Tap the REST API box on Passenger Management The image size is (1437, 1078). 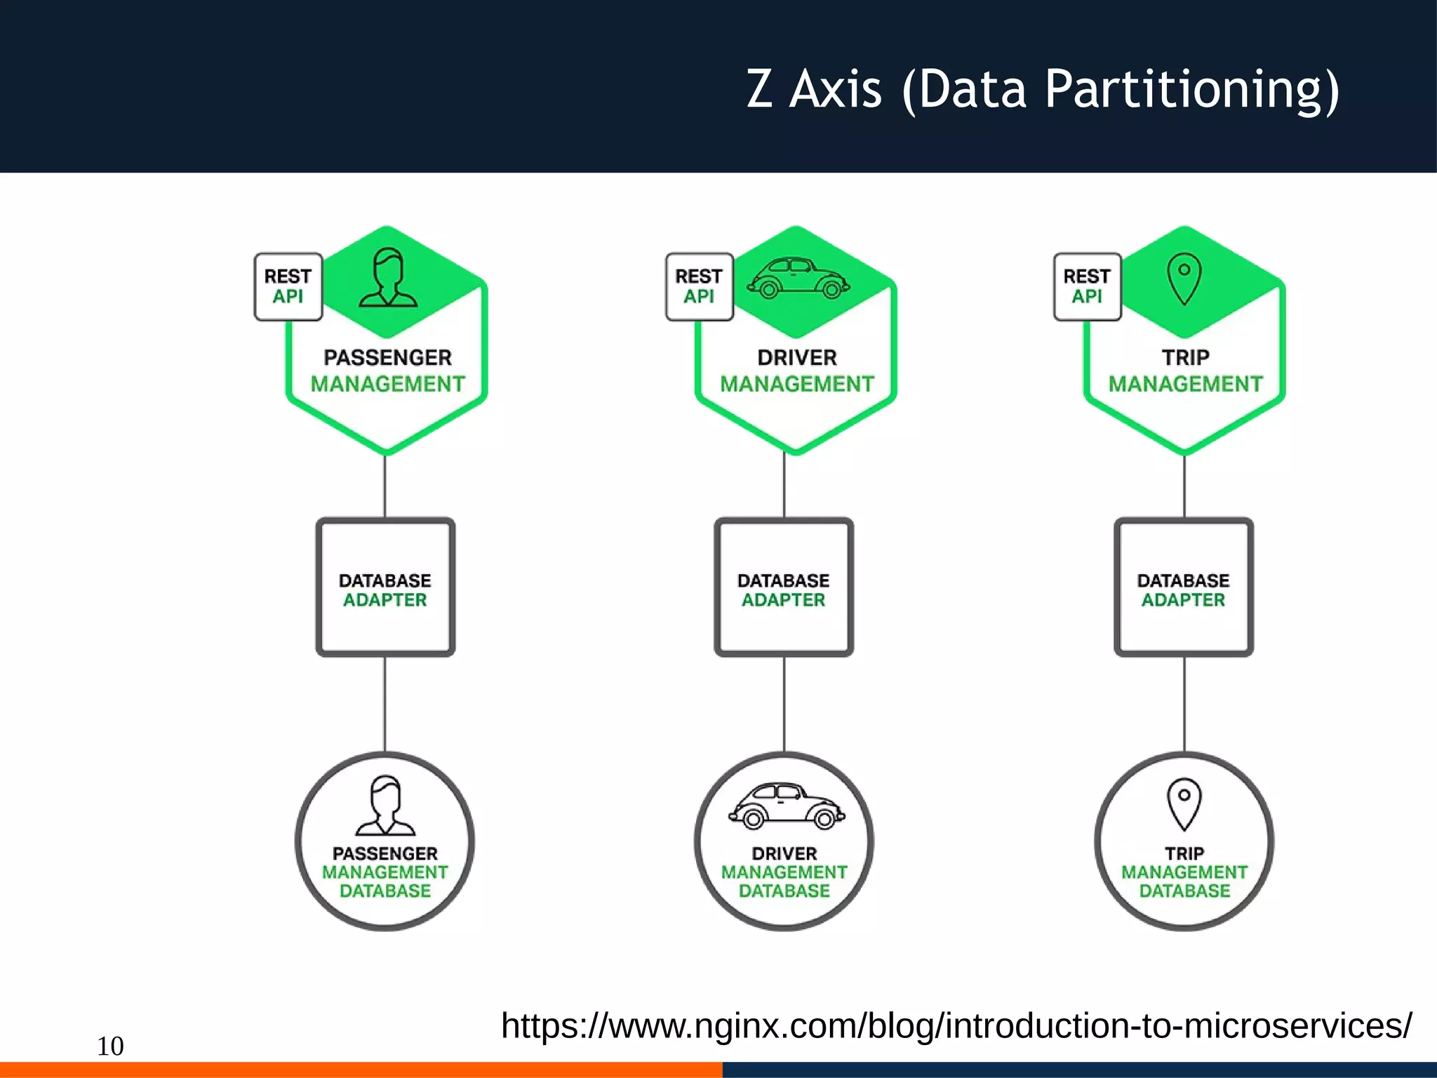pyautogui.click(x=288, y=286)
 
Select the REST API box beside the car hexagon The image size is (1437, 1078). pyautogui.click(x=699, y=286)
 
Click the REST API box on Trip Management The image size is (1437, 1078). pyautogui.click(x=1087, y=286)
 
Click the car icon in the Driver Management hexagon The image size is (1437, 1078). pyautogui.click(x=798, y=279)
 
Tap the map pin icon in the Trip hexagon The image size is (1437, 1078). pyautogui.click(x=1184, y=279)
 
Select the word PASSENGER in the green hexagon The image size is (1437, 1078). pyautogui.click(x=387, y=357)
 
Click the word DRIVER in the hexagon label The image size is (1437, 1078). pyautogui.click(x=797, y=357)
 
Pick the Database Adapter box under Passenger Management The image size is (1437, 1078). pyautogui.click(x=385, y=588)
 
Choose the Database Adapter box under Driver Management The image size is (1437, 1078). pyautogui.click(x=784, y=588)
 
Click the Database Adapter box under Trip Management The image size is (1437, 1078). pyautogui.click(x=1184, y=588)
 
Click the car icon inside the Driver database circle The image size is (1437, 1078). pyautogui.click(x=786, y=806)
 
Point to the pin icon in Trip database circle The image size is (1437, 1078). pyautogui.click(x=1184, y=804)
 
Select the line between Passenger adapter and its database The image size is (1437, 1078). pyautogui.click(x=385, y=703)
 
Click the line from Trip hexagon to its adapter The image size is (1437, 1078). pyautogui.click(x=1184, y=486)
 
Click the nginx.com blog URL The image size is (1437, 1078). pyautogui.click(x=956, y=1026)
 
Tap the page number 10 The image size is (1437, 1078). pyautogui.click(x=110, y=1046)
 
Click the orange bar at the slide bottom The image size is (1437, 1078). pyautogui.click(x=361, y=1070)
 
